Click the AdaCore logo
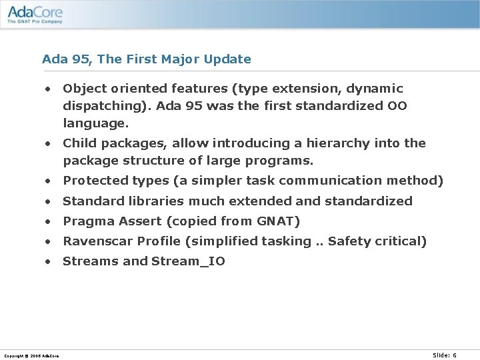(x=34, y=13)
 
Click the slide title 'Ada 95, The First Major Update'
(x=147, y=59)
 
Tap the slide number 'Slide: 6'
(x=445, y=355)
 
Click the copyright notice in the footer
(x=31, y=356)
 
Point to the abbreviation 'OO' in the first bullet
(x=397, y=106)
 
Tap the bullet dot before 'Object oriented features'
(x=49, y=89)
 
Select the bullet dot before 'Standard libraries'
(x=49, y=201)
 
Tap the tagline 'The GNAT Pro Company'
(x=35, y=21)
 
